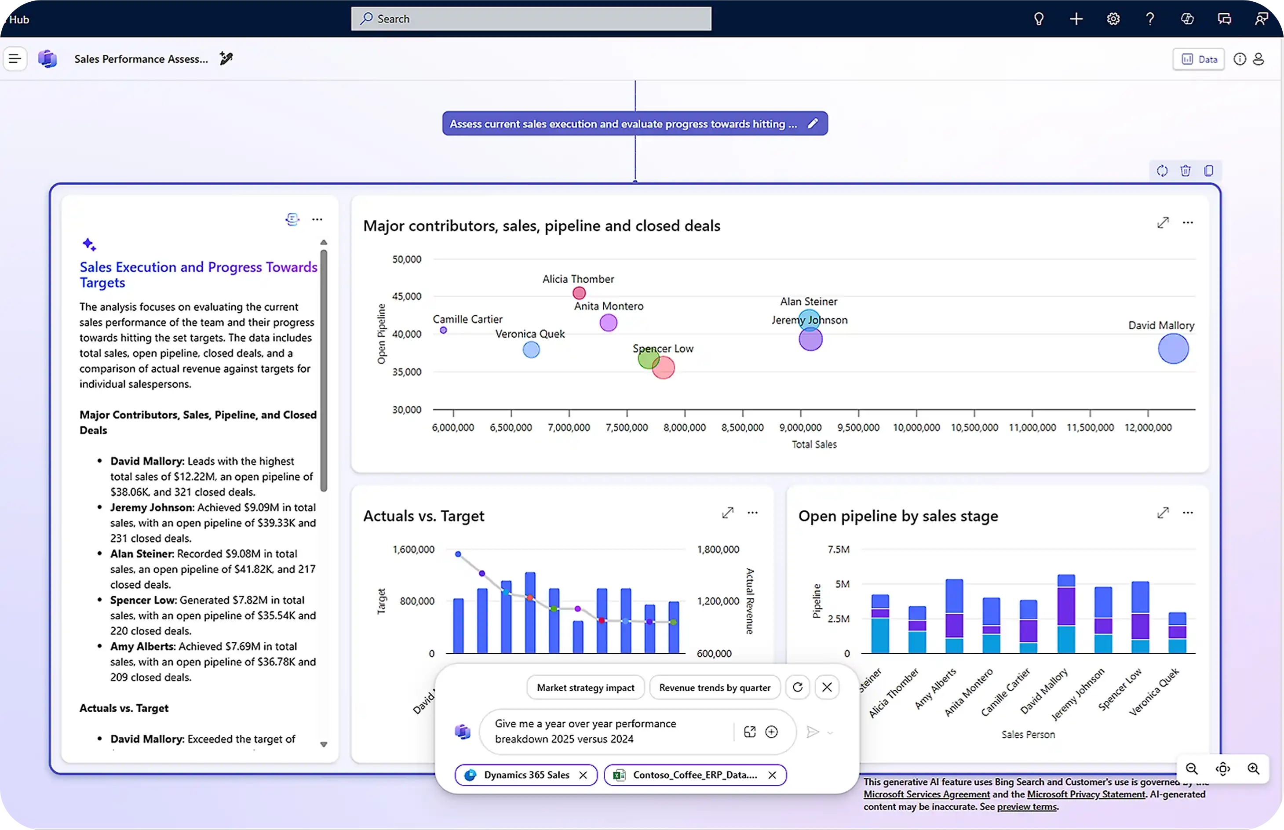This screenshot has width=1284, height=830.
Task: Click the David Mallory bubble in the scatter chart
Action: click(1173, 349)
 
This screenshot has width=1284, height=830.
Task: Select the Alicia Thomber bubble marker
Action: click(579, 293)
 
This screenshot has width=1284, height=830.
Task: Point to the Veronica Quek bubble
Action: click(531, 350)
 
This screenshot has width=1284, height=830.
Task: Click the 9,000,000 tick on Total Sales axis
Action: click(800, 427)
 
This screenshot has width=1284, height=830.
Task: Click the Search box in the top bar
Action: click(531, 19)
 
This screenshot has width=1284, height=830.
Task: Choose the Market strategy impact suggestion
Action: click(585, 688)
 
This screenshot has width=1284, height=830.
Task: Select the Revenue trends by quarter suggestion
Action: click(715, 688)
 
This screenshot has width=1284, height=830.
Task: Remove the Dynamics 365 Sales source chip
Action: click(583, 775)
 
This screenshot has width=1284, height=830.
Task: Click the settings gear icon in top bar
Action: click(1113, 19)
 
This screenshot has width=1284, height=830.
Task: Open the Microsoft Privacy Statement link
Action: click(1086, 794)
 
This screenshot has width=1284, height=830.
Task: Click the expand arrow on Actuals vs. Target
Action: click(728, 513)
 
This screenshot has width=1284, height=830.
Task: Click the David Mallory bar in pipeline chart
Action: click(1066, 615)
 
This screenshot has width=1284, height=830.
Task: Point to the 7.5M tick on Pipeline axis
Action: click(838, 550)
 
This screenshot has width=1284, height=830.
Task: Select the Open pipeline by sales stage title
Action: click(898, 516)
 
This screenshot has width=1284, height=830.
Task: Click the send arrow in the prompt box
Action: click(812, 732)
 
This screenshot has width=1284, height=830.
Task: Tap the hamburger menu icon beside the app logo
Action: click(15, 59)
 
